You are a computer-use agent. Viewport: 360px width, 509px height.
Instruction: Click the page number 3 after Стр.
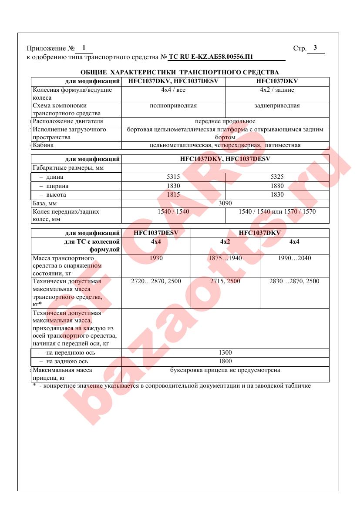tap(315, 48)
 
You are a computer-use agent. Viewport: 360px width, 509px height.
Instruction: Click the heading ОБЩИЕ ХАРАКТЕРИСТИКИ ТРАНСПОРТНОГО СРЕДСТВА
tap(180, 72)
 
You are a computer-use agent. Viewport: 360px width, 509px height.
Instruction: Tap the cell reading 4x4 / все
tap(173, 90)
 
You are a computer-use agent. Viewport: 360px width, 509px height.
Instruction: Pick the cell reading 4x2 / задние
tap(277, 90)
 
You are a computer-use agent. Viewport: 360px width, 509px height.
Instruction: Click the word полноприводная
tap(173, 106)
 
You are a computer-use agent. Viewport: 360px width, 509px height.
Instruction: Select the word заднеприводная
tap(277, 106)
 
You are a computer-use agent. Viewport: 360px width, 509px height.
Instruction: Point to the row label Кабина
tap(43, 145)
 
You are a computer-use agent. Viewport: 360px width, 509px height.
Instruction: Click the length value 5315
tap(173, 177)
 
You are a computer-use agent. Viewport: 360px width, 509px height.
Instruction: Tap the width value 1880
tap(277, 186)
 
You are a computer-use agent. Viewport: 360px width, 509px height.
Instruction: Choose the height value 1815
tap(173, 195)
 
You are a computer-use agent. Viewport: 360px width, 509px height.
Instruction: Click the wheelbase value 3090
tap(225, 203)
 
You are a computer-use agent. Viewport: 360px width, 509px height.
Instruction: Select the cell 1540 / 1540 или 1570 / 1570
tap(277, 212)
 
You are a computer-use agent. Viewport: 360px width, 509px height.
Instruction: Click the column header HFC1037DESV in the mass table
tap(156, 233)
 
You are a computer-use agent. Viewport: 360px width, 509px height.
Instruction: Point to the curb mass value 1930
tap(156, 258)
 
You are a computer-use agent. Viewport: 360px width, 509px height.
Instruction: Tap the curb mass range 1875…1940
tap(225, 258)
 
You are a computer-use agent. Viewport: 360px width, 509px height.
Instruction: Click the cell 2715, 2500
tap(225, 281)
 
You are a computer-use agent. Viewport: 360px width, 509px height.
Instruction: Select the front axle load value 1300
tap(225, 353)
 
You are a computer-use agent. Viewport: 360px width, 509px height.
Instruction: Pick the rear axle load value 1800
tap(225, 362)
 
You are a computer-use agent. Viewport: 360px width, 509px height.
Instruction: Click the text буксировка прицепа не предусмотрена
tap(225, 370)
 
